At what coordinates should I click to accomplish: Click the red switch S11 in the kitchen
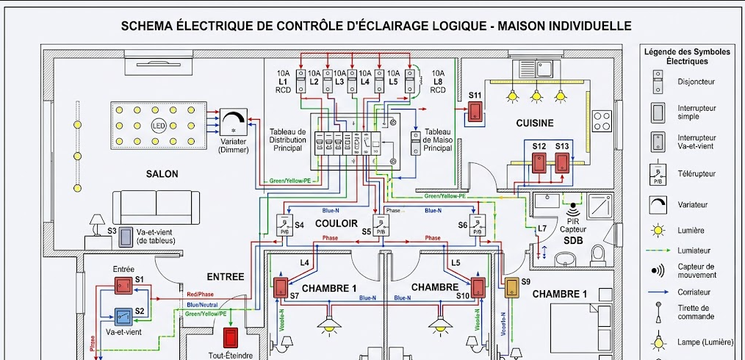click(x=475, y=111)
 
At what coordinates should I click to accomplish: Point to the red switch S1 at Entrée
click(x=123, y=287)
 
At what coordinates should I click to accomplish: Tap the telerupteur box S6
click(x=477, y=226)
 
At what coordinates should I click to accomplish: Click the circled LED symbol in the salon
click(x=158, y=125)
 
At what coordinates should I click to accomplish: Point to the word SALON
click(x=162, y=174)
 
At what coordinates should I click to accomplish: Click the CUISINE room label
click(x=534, y=123)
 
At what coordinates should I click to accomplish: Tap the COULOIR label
click(x=336, y=222)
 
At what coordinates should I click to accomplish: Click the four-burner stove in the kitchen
click(x=602, y=120)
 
